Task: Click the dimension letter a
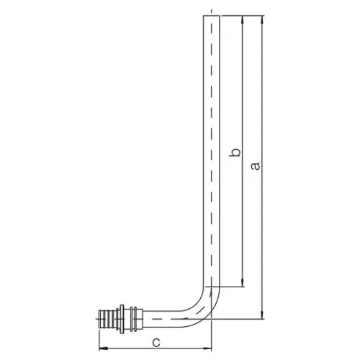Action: [x=256, y=166]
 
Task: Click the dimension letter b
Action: [x=235, y=152]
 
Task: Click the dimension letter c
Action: [x=156, y=343]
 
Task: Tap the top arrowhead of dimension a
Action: [x=263, y=19]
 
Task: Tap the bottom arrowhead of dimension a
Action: [x=263, y=315]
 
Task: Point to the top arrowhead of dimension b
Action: [x=243, y=19]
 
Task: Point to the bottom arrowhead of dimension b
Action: [x=243, y=282]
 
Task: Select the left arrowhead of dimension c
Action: [x=104, y=348]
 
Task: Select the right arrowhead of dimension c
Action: [x=207, y=348]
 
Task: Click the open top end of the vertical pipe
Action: [x=212, y=16]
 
